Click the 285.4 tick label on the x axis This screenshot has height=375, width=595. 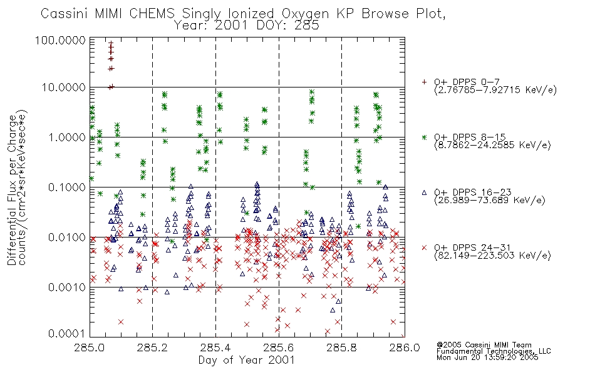click(216, 347)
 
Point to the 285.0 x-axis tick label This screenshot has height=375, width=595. click(90, 347)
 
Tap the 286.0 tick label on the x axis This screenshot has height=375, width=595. click(405, 347)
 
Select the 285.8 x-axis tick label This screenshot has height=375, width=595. click(341, 347)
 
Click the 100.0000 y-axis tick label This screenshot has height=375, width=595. click(60, 40)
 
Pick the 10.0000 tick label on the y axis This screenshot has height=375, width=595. click(64, 87)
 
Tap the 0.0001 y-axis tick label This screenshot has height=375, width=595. click(67, 334)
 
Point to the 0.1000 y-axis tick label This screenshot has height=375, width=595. click(67, 187)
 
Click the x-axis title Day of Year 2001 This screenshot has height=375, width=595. click(247, 360)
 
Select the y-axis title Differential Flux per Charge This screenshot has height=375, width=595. click(12, 189)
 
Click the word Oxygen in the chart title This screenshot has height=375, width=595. click(306, 14)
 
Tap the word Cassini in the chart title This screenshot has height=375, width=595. click(65, 14)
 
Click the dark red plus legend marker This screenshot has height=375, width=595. click(424, 82)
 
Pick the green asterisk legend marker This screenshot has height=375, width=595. click(424, 137)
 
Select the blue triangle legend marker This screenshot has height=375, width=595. click(424, 192)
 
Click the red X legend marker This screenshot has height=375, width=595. click(424, 247)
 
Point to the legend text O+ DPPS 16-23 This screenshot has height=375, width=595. click(473, 192)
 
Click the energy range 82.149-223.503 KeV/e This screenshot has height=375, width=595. click(492, 256)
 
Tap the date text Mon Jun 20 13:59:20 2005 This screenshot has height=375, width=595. click(487, 357)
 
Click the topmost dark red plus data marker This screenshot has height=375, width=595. click(111, 43)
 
